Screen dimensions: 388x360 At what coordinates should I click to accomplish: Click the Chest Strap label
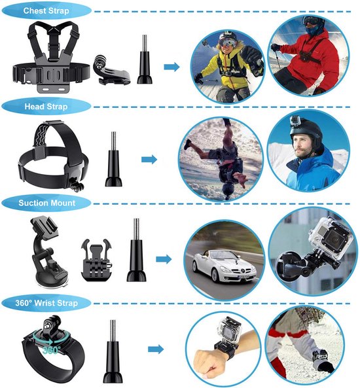[47, 11]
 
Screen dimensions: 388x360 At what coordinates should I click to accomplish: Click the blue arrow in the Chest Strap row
[171, 66]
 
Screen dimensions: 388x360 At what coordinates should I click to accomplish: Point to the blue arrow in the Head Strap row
[149, 159]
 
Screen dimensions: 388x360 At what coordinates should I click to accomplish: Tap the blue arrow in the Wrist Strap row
[154, 350]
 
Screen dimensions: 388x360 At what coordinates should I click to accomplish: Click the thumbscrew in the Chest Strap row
[143, 62]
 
